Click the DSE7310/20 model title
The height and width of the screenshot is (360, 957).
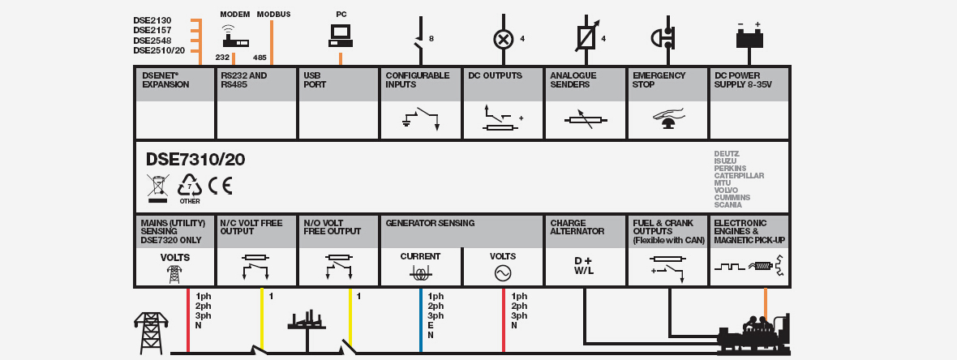[x=195, y=160]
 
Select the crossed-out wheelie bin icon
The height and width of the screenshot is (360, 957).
[x=157, y=188]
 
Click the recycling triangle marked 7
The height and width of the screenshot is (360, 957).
[x=190, y=186]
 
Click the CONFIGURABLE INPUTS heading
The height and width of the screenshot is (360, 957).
[x=417, y=79]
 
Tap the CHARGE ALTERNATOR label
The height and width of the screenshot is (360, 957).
[x=577, y=227]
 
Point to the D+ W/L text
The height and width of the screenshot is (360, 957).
[x=584, y=265]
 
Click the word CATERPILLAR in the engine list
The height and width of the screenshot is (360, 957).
[x=739, y=175]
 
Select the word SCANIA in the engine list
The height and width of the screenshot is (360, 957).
[x=727, y=204]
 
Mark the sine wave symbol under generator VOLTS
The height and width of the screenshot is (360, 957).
[x=502, y=274]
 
